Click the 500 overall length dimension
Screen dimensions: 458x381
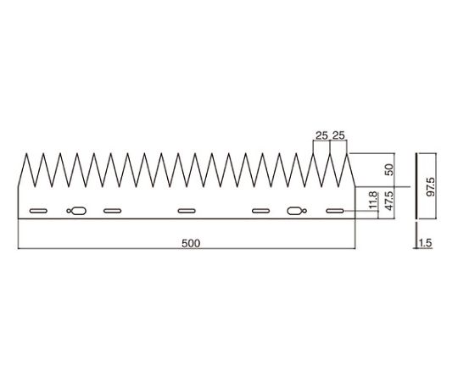click(x=191, y=243)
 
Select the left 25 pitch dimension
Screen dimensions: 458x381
click(x=321, y=135)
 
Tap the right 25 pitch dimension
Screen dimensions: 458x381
click(x=338, y=135)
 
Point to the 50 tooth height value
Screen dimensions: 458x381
click(x=389, y=169)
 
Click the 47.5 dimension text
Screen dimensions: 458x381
click(x=389, y=201)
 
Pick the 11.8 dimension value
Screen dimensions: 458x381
click(x=373, y=201)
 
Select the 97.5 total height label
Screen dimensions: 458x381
click(x=431, y=186)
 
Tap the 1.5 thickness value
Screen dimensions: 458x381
click(x=425, y=243)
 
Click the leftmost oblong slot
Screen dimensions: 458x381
click(x=38, y=211)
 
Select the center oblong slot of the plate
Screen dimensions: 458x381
click(x=187, y=211)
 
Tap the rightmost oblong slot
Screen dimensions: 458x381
click(x=335, y=211)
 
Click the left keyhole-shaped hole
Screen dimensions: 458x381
click(x=76, y=211)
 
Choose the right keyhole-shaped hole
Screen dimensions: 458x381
click(x=297, y=211)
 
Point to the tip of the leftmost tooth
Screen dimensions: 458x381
click(x=26, y=153)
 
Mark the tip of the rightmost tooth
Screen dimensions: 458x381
click(x=347, y=153)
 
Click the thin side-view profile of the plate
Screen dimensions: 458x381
click(x=416, y=185)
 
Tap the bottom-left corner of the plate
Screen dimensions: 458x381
click(x=19, y=218)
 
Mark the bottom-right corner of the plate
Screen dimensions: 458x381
click(x=355, y=218)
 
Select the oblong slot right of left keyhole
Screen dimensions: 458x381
click(x=113, y=211)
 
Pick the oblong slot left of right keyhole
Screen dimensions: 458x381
click(x=261, y=211)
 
